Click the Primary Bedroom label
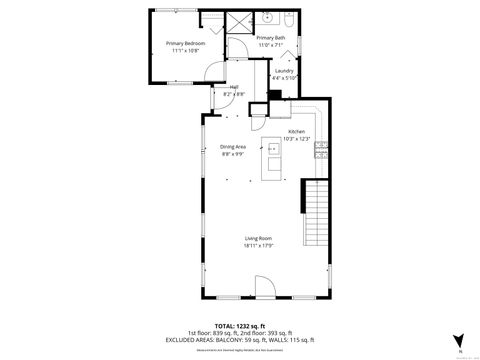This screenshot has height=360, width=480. [x=187, y=44]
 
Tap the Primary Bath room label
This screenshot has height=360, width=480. [x=270, y=38]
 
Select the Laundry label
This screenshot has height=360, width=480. [x=284, y=71]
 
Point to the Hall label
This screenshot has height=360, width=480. [x=234, y=87]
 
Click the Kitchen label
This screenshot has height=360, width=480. [x=297, y=131]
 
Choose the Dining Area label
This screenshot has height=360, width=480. [x=233, y=147]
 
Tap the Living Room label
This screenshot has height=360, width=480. [x=258, y=238]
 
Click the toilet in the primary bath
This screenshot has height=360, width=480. [x=288, y=19]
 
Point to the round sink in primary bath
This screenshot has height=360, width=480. [x=269, y=18]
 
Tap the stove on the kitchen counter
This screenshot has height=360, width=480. [x=321, y=151]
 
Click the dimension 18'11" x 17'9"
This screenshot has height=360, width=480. [x=258, y=245]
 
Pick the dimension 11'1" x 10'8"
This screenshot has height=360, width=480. [x=187, y=50]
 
